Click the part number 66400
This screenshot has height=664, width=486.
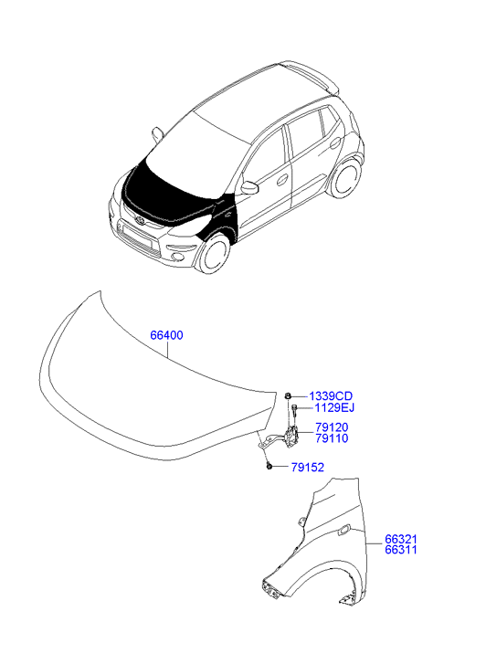(x=166, y=335)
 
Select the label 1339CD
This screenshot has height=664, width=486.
(x=331, y=396)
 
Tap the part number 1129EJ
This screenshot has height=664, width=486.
(x=334, y=407)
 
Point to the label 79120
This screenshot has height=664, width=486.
(x=332, y=427)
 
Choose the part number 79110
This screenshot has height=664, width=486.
(x=332, y=438)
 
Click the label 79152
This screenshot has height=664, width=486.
(x=308, y=468)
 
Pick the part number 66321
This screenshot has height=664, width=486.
(x=401, y=540)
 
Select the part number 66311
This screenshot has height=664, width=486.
(x=401, y=550)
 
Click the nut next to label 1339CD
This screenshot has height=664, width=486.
(x=287, y=396)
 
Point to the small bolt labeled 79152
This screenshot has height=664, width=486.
(x=269, y=467)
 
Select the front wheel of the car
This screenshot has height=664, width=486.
(x=214, y=255)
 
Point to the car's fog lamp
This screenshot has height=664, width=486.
(x=178, y=257)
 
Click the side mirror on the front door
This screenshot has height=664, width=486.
(x=249, y=186)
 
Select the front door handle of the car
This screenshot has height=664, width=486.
(x=281, y=180)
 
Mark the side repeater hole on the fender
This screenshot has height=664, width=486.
(x=343, y=530)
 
